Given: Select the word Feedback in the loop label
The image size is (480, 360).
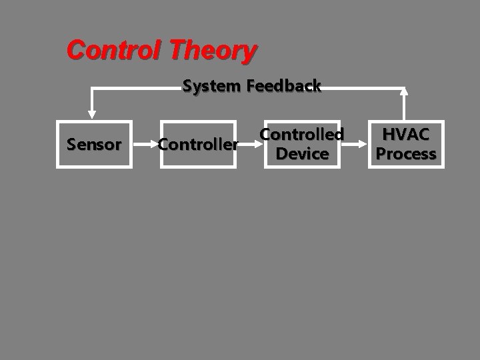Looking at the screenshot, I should tap(284, 86).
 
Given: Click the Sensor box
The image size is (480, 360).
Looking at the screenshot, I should tap(94, 144).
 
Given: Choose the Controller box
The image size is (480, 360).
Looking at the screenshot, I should tap(198, 144).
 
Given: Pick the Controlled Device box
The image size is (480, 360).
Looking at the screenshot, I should tap(302, 144).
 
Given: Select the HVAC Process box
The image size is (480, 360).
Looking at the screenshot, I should tap(406, 144).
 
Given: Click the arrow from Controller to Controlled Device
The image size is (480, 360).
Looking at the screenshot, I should tap(249, 144).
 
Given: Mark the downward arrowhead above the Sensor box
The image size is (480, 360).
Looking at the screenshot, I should tap(93, 114).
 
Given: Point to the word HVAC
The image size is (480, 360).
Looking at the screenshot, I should tap(406, 135).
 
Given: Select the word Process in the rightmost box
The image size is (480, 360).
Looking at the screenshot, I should tap(406, 153).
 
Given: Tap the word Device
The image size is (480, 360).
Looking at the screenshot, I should tap(302, 153).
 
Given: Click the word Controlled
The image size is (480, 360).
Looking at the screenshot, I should tap(302, 135).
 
